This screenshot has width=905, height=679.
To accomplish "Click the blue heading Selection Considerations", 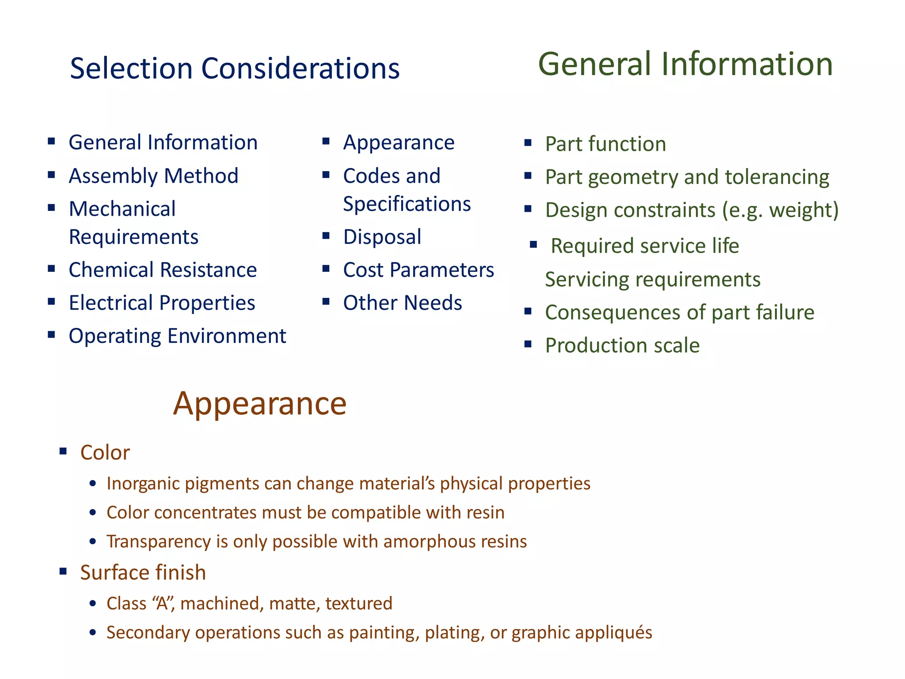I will tap(235, 69).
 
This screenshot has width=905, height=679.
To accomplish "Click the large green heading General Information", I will tap(685, 64).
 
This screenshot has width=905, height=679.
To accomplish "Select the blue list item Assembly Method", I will tap(153, 176).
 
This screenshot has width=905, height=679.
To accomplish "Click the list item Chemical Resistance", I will tap(163, 270).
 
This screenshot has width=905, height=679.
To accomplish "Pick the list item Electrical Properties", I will tap(162, 303).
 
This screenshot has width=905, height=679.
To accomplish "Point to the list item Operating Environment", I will tap(177, 336).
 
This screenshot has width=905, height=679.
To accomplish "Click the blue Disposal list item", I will tap(382, 237).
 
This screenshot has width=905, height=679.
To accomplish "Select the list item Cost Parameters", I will tap(418, 270).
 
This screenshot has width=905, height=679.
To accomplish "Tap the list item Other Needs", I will tap(402, 303).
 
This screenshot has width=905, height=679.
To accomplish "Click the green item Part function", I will tap(605, 144).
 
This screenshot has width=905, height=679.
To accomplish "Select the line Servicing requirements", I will tap(652, 279).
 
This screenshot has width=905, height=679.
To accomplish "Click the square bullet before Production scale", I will tap(528, 344).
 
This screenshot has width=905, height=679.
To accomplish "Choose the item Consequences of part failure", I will tap(679, 313).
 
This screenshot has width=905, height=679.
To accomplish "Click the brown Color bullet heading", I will tap(105, 453).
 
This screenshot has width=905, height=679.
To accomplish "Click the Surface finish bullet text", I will tap(143, 572).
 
